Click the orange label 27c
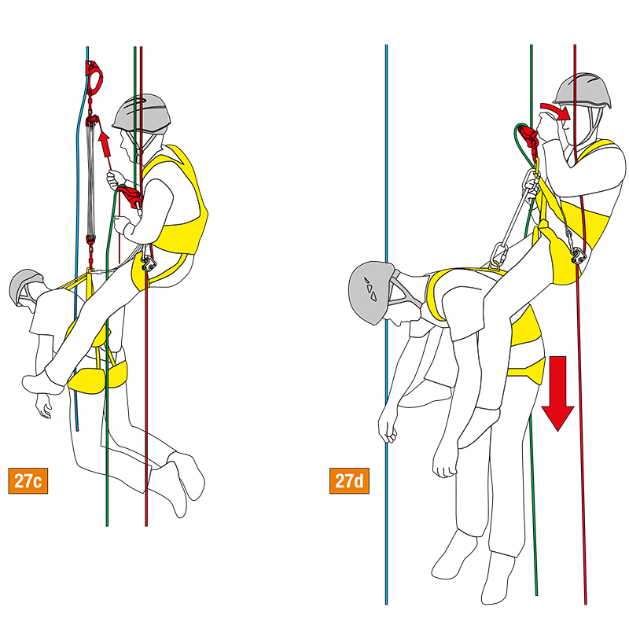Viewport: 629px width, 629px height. coord(28,480)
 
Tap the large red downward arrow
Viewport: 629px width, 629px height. coord(558,393)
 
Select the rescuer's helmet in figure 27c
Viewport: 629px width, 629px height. coord(142,114)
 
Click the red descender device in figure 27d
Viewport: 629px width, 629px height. coord(528,137)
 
